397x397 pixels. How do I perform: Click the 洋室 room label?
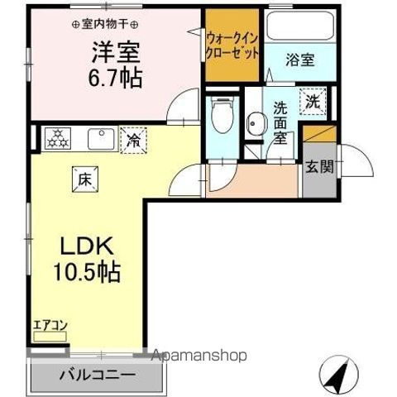pyautogui.click(x=115, y=53)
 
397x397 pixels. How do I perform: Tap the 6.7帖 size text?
pyautogui.click(x=115, y=79)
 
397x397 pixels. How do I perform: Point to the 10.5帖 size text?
pyautogui.click(x=86, y=271)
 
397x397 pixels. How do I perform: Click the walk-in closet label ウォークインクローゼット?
pyautogui.click(x=232, y=45)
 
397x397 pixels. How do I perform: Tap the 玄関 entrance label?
pyautogui.click(x=319, y=166)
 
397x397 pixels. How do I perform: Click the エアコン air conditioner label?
pyautogui.click(x=50, y=327)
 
